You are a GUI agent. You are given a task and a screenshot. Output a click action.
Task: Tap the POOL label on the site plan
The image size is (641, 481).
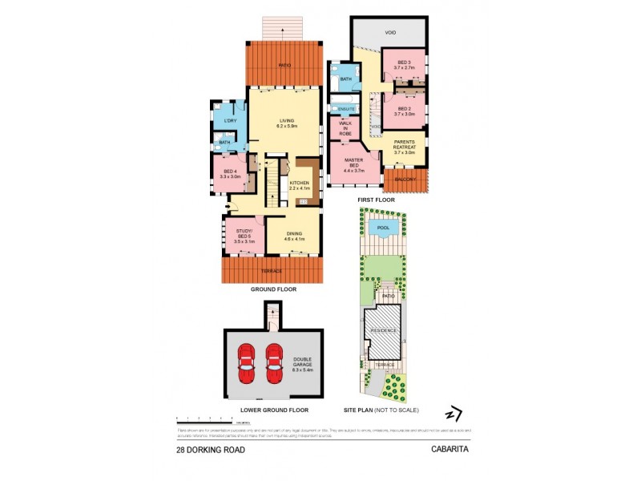pos(385,227)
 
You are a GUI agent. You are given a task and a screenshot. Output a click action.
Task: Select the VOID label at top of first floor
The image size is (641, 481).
pos(390,33)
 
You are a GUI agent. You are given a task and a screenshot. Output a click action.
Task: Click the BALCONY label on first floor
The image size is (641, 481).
pos(405,180)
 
